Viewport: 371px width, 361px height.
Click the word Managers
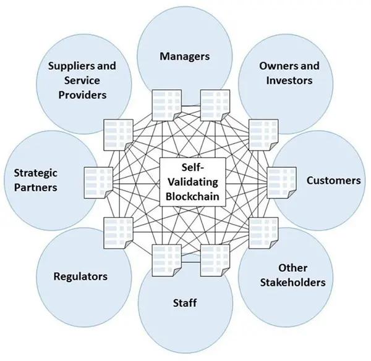click(x=184, y=56)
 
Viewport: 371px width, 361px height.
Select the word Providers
click(x=82, y=95)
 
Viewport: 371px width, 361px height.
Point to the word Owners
click(x=278, y=66)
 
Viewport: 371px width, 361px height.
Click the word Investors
click(x=289, y=80)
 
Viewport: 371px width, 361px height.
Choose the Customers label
click(x=334, y=181)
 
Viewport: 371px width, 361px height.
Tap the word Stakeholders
click(x=292, y=283)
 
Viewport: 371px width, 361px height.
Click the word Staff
click(x=185, y=303)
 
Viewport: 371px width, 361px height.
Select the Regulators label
click(x=80, y=276)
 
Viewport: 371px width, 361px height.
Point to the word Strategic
click(x=35, y=173)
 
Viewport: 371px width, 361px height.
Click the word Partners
click(x=35, y=188)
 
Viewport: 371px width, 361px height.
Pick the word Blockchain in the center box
click(x=192, y=196)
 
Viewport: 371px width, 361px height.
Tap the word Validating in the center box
click(x=193, y=182)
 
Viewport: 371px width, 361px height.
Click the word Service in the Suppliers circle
click(x=82, y=80)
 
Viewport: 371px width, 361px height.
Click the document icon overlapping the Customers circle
click(x=281, y=183)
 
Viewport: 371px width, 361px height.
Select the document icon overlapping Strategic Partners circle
click(x=98, y=183)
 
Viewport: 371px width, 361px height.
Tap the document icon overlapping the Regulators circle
click(x=118, y=233)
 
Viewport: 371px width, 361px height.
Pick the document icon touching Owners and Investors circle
click(x=263, y=135)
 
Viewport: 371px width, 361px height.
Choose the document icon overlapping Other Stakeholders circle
click(x=263, y=233)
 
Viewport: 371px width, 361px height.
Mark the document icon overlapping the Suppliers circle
click(x=118, y=135)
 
